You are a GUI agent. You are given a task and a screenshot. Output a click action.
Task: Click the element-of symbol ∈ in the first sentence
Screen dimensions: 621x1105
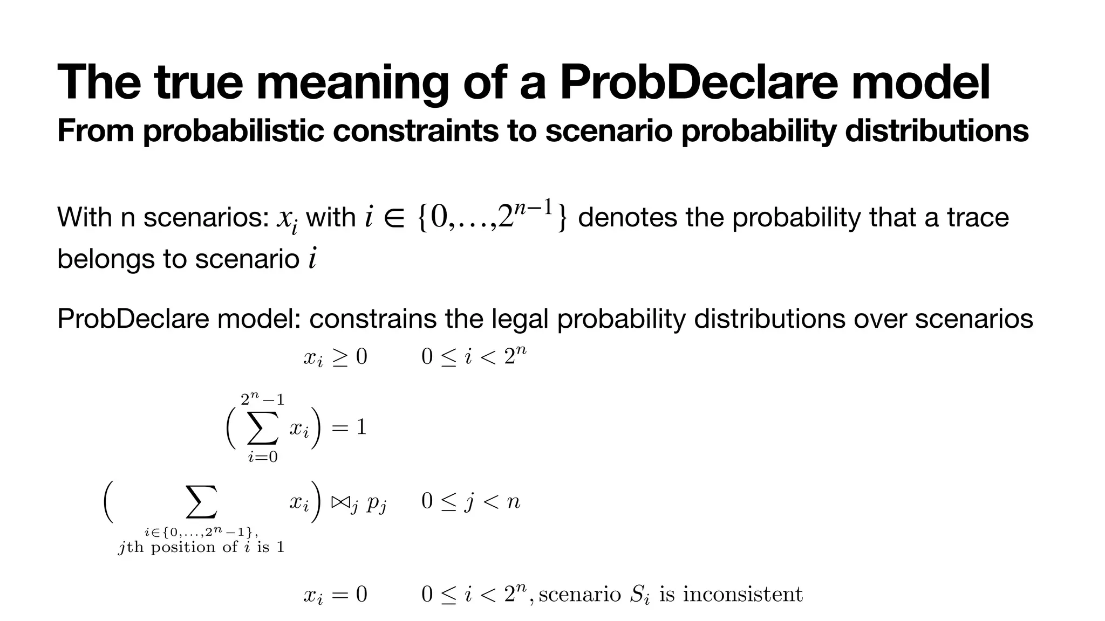pos(394,218)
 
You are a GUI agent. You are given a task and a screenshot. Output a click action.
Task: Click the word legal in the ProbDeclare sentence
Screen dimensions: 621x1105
pos(521,319)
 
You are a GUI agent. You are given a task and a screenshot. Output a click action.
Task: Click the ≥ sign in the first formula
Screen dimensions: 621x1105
pos(340,357)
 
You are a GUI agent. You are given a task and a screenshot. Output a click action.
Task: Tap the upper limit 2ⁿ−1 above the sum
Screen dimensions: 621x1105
pos(262,399)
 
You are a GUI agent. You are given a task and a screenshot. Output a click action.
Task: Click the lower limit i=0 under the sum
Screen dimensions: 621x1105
pos(263,458)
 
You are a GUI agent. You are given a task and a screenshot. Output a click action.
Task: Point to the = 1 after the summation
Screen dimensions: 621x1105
pos(349,427)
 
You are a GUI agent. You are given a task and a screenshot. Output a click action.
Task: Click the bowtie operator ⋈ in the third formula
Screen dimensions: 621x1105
pos(342,502)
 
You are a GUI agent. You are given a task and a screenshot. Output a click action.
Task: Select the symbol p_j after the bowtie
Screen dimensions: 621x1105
pos(376,503)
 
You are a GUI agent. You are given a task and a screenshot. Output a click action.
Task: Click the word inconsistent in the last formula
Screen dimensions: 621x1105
pos(743,594)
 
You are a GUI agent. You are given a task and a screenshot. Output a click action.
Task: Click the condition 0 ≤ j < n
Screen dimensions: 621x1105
pos(470,502)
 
